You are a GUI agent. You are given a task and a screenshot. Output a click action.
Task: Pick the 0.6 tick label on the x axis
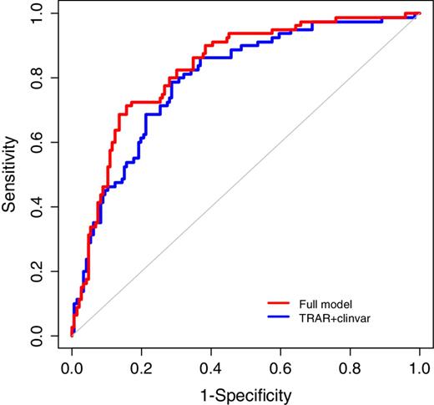click(280, 366)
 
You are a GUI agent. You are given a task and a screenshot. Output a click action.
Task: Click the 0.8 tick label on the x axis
click(350, 366)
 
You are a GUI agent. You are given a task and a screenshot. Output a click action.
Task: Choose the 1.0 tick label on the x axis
click(419, 366)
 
